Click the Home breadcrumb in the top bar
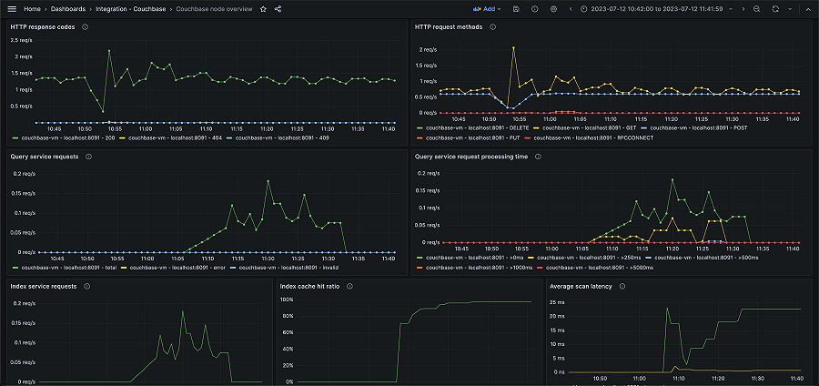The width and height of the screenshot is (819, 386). pyautogui.click(x=33, y=8)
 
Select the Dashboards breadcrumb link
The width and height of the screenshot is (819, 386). pyautogui.click(x=68, y=8)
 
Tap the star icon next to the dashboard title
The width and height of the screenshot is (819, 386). pyautogui.click(x=264, y=8)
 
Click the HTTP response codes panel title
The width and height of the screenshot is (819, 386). pyautogui.click(x=43, y=26)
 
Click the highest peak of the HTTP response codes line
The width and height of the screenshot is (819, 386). pyautogui.click(x=109, y=51)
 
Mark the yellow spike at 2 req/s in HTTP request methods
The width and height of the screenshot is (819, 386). pyautogui.click(x=514, y=49)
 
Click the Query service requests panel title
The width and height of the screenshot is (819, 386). pyautogui.click(x=45, y=157)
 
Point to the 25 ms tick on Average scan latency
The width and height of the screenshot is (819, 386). pyautogui.click(x=558, y=300)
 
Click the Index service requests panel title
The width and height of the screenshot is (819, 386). pyautogui.click(x=44, y=286)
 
